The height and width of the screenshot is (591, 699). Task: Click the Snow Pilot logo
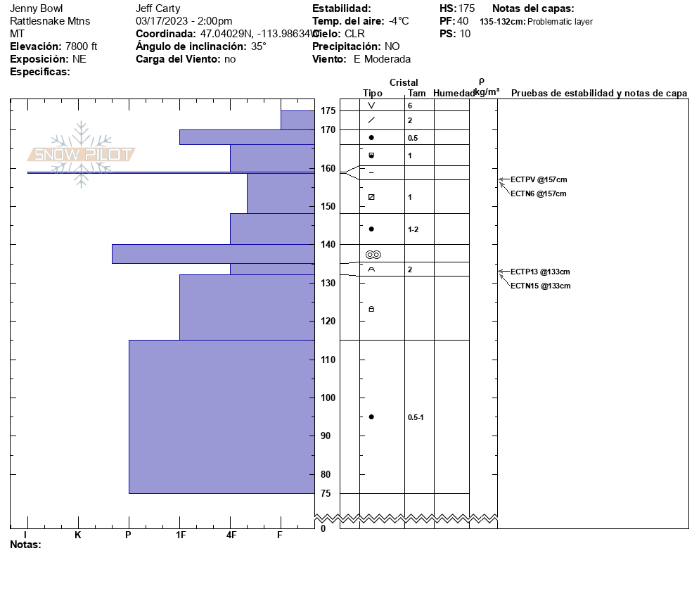coord(82,154)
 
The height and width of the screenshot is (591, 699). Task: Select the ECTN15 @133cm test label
coord(540,286)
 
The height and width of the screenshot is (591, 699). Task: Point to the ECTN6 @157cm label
coord(538,193)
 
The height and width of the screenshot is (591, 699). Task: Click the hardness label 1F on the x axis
coord(181,535)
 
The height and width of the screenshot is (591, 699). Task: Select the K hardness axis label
coord(78,535)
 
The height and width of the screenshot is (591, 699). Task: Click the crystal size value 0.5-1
coord(416,417)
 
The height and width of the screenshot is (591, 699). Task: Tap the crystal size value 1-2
coord(413,229)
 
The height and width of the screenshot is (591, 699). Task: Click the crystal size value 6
coord(410,106)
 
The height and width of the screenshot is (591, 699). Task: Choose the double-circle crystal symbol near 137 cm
coord(373,254)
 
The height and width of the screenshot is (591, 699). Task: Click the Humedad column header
coord(454,93)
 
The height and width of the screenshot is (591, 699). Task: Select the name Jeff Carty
coord(158,8)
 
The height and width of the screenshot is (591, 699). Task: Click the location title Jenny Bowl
coord(36,8)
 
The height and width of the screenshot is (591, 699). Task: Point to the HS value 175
coord(466,8)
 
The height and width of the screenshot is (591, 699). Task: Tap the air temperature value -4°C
coord(399,21)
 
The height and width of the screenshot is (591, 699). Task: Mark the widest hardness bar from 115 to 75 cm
coord(222,417)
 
